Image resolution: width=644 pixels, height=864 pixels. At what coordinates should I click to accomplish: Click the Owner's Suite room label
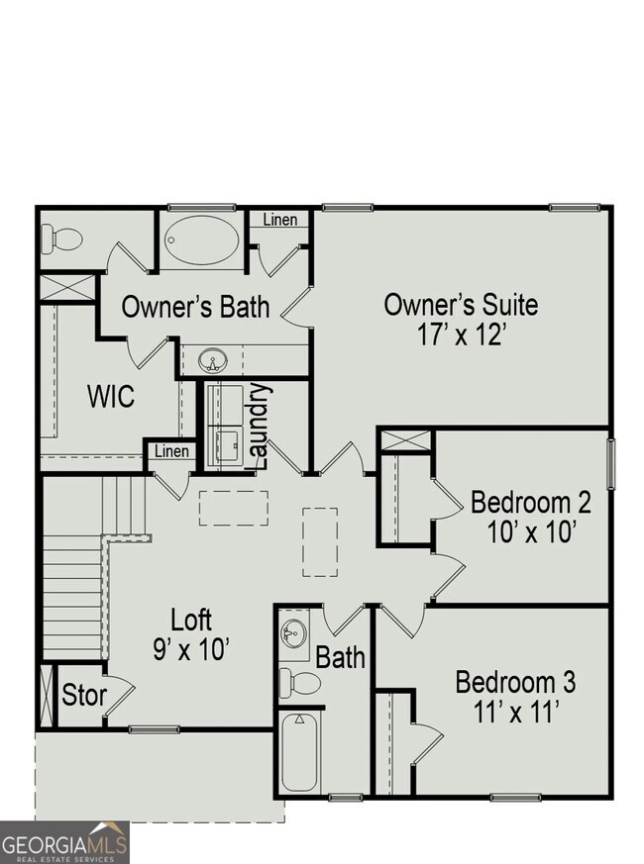pos(461,304)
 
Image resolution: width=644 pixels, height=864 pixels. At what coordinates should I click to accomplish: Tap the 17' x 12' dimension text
pos(461,334)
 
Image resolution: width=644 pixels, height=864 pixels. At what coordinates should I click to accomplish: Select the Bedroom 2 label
pos(530,502)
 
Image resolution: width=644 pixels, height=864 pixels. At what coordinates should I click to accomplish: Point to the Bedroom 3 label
pos(515,682)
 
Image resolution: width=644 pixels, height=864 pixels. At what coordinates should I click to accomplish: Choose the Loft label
pos(191,621)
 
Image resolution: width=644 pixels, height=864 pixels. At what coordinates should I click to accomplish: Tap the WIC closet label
pos(111,398)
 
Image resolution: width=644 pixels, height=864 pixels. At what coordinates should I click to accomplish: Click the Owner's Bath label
pos(195,307)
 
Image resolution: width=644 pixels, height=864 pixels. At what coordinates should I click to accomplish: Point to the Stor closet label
pos(83,695)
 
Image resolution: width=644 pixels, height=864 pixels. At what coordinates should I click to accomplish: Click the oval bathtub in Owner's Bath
pos(201,240)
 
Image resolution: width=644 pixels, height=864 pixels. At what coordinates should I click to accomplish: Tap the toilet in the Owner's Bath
pos(61,239)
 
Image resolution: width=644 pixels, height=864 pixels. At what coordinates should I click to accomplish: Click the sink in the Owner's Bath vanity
pos(212,359)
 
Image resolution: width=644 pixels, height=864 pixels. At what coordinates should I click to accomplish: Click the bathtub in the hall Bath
pos(299,753)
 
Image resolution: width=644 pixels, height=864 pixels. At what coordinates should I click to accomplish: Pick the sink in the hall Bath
pos(294,632)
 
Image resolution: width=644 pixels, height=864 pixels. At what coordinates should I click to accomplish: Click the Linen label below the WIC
pos(170,451)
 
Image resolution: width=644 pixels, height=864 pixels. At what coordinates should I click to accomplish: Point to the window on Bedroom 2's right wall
pos(610,463)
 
